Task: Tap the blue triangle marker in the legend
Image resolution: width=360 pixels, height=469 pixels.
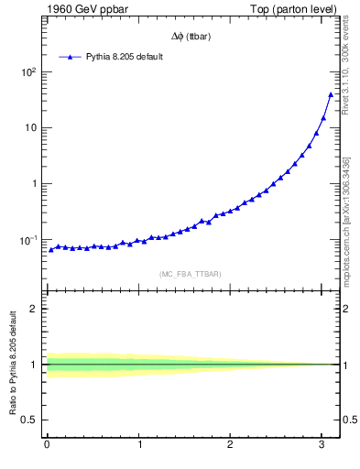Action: point(71,57)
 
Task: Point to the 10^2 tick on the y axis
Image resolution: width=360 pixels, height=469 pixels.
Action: point(27,71)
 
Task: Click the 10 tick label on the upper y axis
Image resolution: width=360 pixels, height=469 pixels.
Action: point(29,127)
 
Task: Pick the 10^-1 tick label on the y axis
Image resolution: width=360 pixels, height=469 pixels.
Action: point(27,239)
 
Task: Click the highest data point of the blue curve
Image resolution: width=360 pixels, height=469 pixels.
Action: point(331,94)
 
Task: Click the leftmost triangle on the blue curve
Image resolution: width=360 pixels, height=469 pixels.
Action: point(51,249)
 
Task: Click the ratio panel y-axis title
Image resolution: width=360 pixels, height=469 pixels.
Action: point(13,364)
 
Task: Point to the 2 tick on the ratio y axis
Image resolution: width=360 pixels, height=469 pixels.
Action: point(35,309)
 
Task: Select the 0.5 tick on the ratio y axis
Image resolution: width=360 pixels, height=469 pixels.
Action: point(30,420)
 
